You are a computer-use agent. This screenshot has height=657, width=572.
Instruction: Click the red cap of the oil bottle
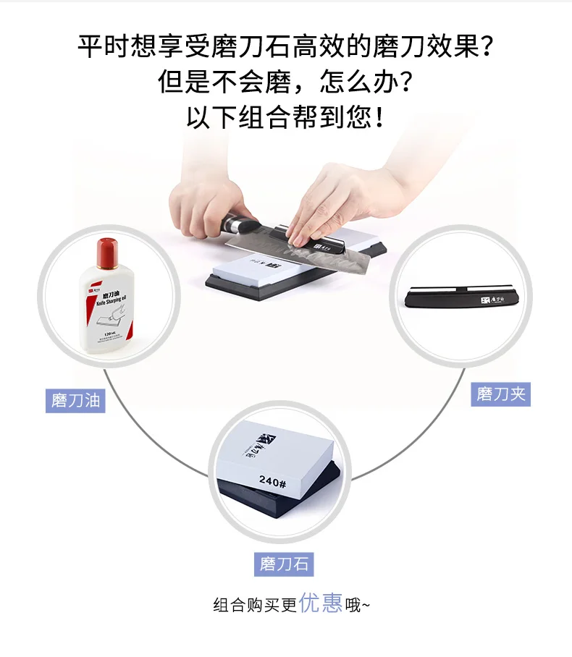tap(106, 250)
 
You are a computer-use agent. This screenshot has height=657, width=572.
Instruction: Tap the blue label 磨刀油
tap(76, 400)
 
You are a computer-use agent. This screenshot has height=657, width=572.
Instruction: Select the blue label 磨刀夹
tap(500, 394)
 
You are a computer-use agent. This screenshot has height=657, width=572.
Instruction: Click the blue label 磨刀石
tap(285, 564)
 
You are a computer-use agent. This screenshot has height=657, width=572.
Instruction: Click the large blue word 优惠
tap(321, 603)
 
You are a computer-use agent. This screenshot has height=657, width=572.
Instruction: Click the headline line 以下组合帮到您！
tap(285, 116)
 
